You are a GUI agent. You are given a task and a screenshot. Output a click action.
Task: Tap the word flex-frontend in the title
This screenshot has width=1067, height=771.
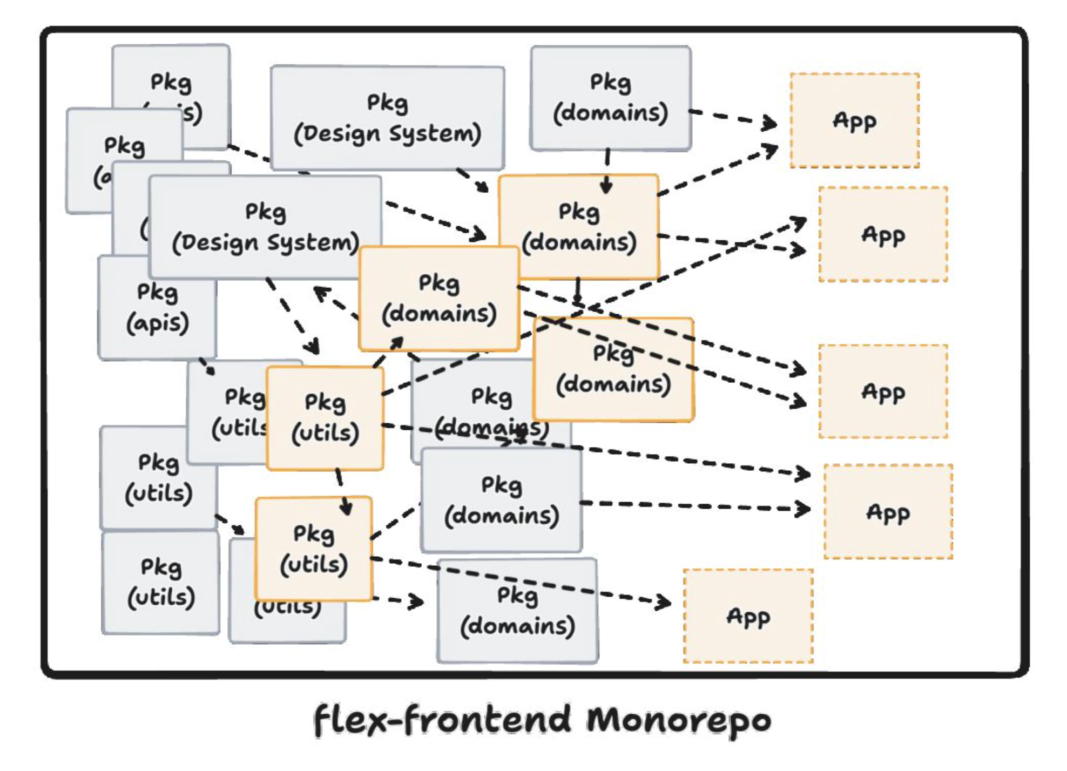442,720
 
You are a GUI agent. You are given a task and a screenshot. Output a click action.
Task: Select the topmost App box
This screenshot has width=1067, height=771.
854,120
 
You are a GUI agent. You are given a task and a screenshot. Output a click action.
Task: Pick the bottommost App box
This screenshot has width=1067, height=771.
748,616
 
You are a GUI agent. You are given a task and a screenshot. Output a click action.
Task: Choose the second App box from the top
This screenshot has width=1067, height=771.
883,234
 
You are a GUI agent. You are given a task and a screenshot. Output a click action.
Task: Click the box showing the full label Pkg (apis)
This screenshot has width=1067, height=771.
157,308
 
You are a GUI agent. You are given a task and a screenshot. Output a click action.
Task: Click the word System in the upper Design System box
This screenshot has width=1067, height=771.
435,133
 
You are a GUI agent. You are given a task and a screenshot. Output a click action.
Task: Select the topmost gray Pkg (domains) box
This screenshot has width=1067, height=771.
610,98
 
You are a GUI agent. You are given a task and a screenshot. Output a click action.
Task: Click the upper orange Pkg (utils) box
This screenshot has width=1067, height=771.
325,418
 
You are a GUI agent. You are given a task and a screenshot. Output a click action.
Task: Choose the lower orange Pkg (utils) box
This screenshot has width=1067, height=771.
314,549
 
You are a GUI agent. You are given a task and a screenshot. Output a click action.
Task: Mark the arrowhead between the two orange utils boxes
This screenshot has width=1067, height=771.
346,508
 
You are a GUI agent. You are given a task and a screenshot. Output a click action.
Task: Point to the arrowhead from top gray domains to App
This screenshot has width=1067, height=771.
770,124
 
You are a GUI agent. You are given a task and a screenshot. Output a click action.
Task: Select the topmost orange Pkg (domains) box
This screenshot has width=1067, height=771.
578,227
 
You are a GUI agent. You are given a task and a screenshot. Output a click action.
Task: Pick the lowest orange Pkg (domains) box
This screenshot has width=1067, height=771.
613,369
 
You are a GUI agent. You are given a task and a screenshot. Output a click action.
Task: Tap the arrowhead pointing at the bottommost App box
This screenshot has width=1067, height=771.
664,602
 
